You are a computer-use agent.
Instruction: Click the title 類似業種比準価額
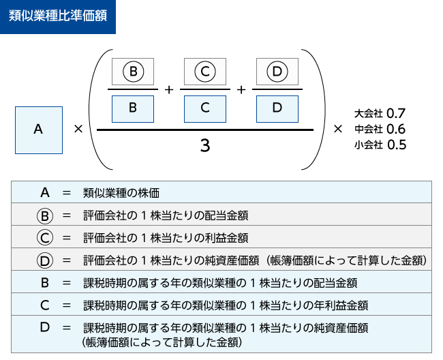pyautogui.click(x=58, y=16)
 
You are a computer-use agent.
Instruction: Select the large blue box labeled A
pyautogui.click(x=38, y=128)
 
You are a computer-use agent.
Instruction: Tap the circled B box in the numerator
pyautogui.click(x=133, y=71)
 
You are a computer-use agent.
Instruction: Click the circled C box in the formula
pyautogui.click(x=204, y=71)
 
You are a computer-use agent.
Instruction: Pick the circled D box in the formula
pyautogui.click(x=276, y=71)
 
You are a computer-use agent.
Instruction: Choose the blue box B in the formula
pyautogui.click(x=133, y=108)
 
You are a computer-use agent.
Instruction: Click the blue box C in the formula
pyautogui.click(x=204, y=108)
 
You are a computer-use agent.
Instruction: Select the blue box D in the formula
pyautogui.click(x=276, y=108)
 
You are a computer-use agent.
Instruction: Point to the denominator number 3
pyautogui.click(x=204, y=145)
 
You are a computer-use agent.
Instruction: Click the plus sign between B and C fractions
pyautogui.click(x=169, y=89)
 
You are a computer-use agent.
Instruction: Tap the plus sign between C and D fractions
pyautogui.click(x=241, y=89)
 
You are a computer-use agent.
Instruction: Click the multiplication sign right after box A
pyautogui.click(x=78, y=128)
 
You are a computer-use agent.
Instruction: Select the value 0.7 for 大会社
pyautogui.click(x=396, y=112)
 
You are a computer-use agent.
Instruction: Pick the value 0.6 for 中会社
pyautogui.click(x=396, y=128)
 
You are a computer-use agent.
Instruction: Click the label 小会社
pyautogui.click(x=368, y=145)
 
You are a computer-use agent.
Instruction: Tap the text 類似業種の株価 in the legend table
pyautogui.click(x=121, y=194)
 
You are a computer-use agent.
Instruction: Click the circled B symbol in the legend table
pyautogui.click(x=45, y=215)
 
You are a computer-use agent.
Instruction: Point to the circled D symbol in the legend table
pyautogui.click(x=45, y=260)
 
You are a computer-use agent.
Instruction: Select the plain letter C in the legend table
pyautogui.click(x=45, y=304)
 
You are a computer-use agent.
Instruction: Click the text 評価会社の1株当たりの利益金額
pyautogui.click(x=165, y=238)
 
